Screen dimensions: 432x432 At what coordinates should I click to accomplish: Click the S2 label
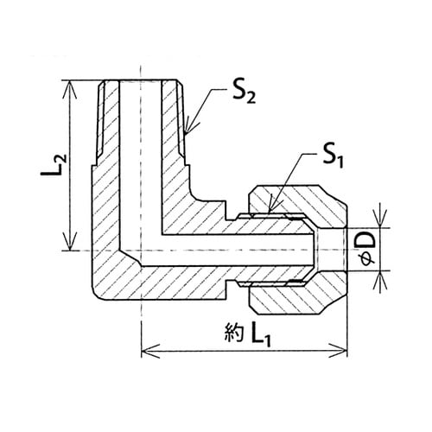244,93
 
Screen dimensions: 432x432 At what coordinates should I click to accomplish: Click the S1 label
333,158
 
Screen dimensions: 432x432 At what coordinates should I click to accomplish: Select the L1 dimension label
261,336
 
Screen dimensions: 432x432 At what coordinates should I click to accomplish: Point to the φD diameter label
367,250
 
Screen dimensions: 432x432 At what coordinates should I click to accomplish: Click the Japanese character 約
234,333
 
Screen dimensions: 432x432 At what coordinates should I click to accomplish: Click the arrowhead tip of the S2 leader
186,135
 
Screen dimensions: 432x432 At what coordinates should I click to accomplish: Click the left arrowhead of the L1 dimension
142,352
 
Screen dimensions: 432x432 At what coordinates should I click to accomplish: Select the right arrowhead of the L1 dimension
348,352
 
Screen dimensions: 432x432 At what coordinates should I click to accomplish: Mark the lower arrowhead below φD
380,271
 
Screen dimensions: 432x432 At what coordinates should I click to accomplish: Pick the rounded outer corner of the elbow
97,295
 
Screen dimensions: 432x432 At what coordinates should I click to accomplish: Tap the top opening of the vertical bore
140,81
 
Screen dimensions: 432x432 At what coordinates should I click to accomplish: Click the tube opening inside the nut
331,250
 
